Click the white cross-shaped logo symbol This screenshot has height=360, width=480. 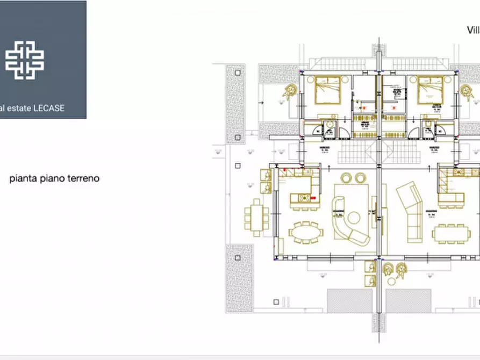coord(25,60)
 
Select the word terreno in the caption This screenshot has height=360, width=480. coord(83,178)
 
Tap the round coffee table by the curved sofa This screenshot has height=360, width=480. coord(354,218)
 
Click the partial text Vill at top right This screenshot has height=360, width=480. coord(472,30)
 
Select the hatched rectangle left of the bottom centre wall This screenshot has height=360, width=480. coord(349,301)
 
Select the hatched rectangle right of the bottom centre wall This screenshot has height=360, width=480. coord(408,301)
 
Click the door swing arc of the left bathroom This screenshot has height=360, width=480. coord(311,131)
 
